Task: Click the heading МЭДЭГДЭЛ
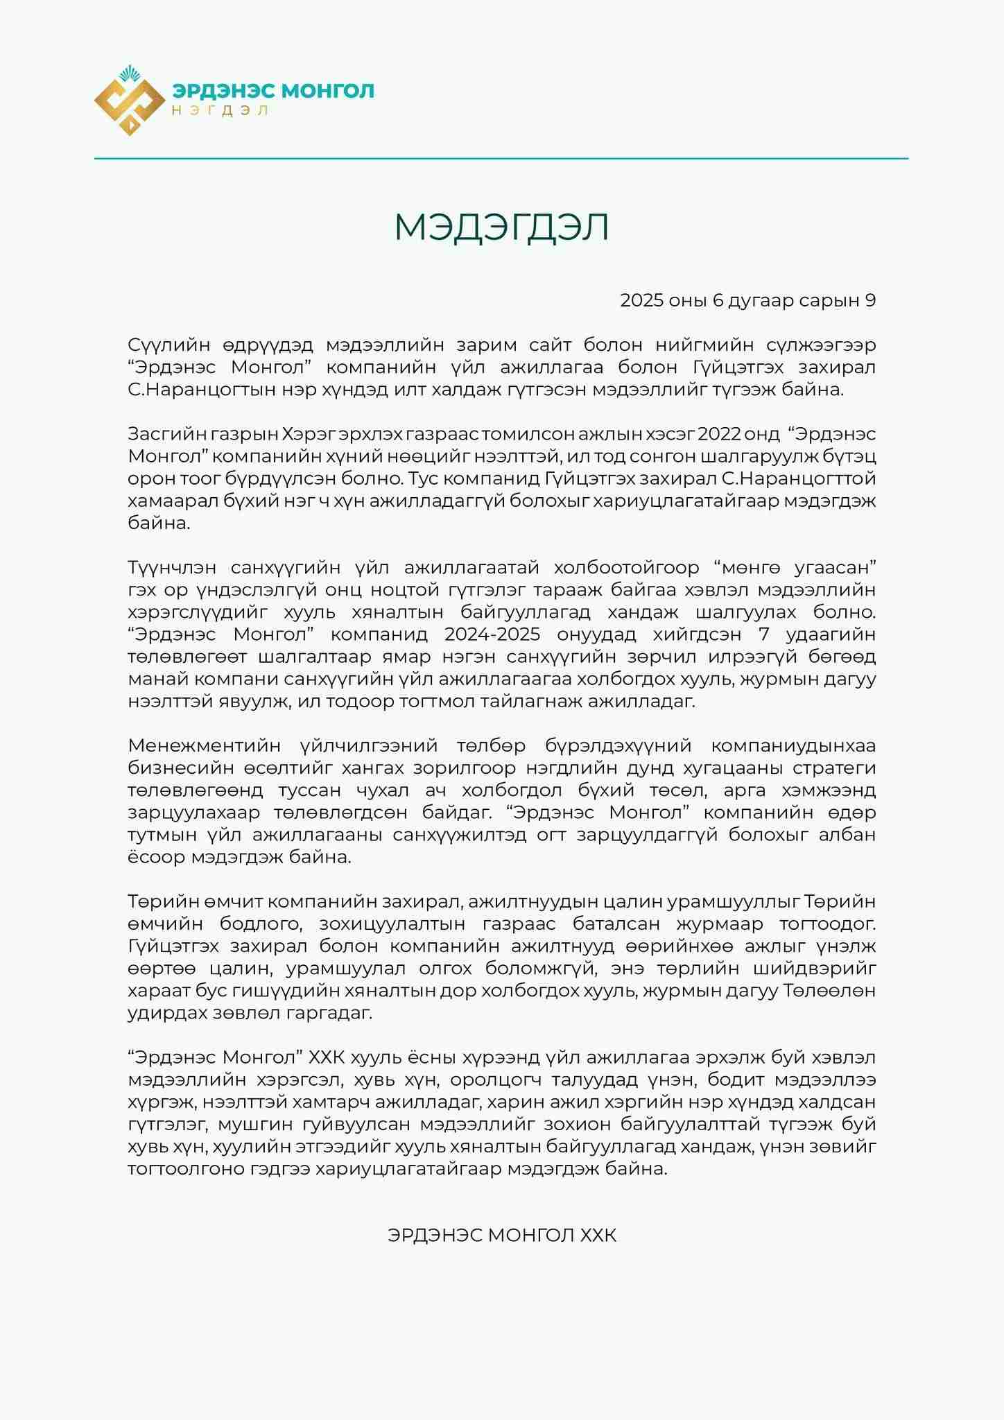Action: tap(501, 227)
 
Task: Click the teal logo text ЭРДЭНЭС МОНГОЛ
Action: tap(273, 91)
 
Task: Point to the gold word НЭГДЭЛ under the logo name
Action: tap(220, 110)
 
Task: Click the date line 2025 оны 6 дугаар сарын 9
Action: tap(747, 300)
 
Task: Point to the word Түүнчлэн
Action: tap(171, 568)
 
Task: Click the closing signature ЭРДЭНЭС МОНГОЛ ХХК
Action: tap(501, 1236)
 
